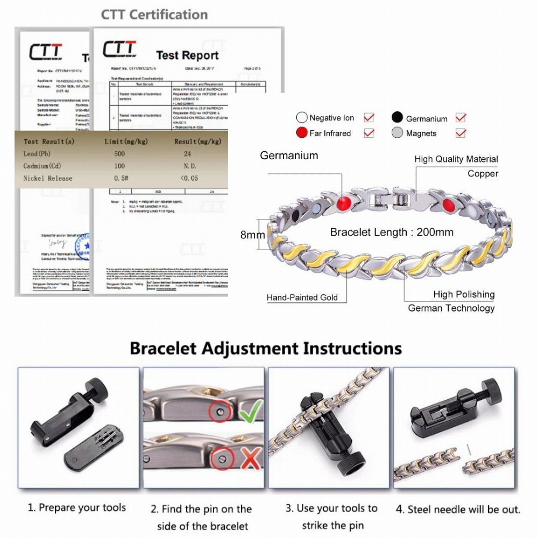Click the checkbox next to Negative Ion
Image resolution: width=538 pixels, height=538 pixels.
(x=369, y=117)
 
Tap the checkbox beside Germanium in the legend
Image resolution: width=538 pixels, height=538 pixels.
(x=461, y=117)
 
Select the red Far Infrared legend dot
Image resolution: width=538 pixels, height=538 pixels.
(x=301, y=133)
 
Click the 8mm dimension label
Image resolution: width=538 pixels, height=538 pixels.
(x=252, y=235)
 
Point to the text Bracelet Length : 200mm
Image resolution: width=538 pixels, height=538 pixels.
(x=392, y=232)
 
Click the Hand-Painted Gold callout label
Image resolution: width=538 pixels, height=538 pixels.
(x=302, y=298)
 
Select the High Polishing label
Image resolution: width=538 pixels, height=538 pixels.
(x=464, y=294)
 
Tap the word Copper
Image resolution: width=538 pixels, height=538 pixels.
(x=483, y=174)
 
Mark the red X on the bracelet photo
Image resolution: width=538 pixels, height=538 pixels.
(x=249, y=459)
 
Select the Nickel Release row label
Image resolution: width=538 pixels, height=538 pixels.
(x=48, y=178)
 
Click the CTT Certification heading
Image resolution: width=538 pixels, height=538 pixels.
(x=154, y=15)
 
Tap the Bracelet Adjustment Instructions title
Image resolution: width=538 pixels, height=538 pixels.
(x=266, y=348)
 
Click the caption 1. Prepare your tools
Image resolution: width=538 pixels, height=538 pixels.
(x=77, y=507)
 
